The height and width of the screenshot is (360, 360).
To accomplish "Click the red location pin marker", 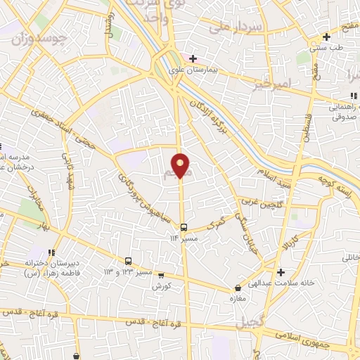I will click(181, 165).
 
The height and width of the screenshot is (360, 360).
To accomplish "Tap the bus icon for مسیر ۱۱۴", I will click(184, 227).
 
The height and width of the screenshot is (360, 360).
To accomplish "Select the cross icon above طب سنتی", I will click(326, 37).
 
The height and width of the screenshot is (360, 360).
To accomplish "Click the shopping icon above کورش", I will click(161, 275).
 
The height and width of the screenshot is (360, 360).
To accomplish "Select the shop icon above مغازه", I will click(239, 288).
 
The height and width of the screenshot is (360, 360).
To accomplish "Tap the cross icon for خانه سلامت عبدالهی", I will click(281, 272).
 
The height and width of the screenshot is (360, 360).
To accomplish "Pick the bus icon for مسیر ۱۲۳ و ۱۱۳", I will click(128, 260).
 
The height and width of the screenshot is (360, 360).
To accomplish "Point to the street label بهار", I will click(48, 228).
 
